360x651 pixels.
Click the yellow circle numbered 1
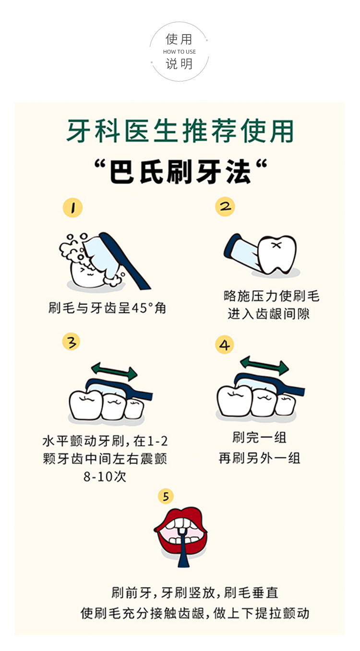pyautogui.click(x=72, y=208)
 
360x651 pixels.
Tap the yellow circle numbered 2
pyautogui.click(x=225, y=207)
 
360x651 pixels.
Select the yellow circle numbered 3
pyautogui.click(x=71, y=342)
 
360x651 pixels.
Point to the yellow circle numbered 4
pyautogui.click(x=224, y=344)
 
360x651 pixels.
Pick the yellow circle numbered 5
pyautogui.click(x=166, y=496)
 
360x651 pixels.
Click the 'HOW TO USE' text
pyautogui.click(x=180, y=52)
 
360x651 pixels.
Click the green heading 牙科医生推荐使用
pyautogui.click(x=180, y=131)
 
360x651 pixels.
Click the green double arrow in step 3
pyautogui.click(x=114, y=371)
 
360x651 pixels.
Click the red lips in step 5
pyautogui.click(x=181, y=533)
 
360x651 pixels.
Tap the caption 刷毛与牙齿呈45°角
pyautogui.click(x=107, y=308)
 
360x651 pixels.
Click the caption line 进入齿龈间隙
pyautogui.click(x=269, y=314)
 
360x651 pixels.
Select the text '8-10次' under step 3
pyautogui.click(x=105, y=477)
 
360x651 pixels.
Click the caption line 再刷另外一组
pyautogui.click(x=259, y=458)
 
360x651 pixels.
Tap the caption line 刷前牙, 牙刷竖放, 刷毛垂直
pyautogui.click(x=195, y=592)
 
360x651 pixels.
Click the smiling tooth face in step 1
pyautogui.click(x=87, y=273)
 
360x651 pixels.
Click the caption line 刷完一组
pyautogui.click(x=259, y=438)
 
